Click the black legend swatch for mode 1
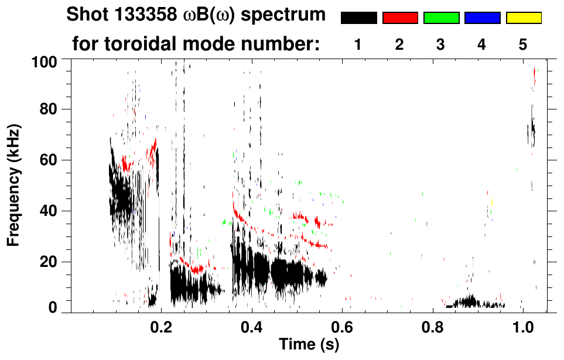[x=358, y=18]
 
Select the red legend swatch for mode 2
[x=400, y=18]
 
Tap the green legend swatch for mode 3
[x=441, y=18]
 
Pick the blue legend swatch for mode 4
[x=482, y=18]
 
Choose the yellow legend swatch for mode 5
[x=524, y=18]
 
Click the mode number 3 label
[x=440, y=45]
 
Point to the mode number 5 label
[x=523, y=45]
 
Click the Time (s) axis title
[x=309, y=345]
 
